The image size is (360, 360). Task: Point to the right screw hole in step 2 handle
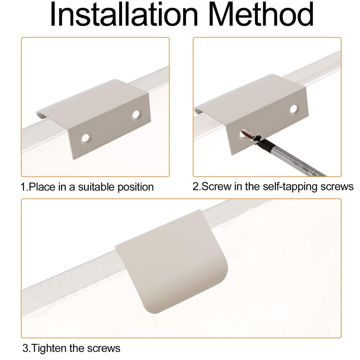tap(294, 109)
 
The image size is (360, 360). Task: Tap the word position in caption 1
tap(136, 186)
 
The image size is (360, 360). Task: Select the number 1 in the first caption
tap(22, 186)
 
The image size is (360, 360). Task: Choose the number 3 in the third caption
tap(25, 348)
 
